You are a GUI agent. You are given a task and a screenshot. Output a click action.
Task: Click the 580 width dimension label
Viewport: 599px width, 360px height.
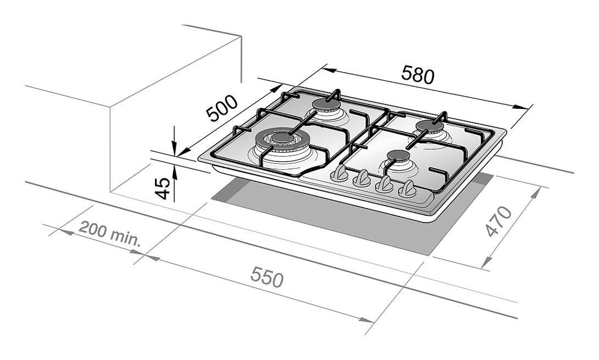pyautogui.click(x=418, y=74)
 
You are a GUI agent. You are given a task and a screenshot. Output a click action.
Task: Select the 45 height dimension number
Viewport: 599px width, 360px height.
pyautogui.click(x=163, y=188)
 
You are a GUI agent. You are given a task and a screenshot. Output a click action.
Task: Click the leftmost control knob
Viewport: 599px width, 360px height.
pyautogui.click(x=339, y=174)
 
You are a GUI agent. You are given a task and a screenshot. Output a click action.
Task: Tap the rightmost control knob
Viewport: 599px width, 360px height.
pyautogui.click(x=407, y=189)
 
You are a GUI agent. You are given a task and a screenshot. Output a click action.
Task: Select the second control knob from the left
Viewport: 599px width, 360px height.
pyautogui.click(x=362, y=179)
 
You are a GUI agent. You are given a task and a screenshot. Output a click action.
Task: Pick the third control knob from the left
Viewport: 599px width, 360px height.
pyautogui.click(x=384, y=184)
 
